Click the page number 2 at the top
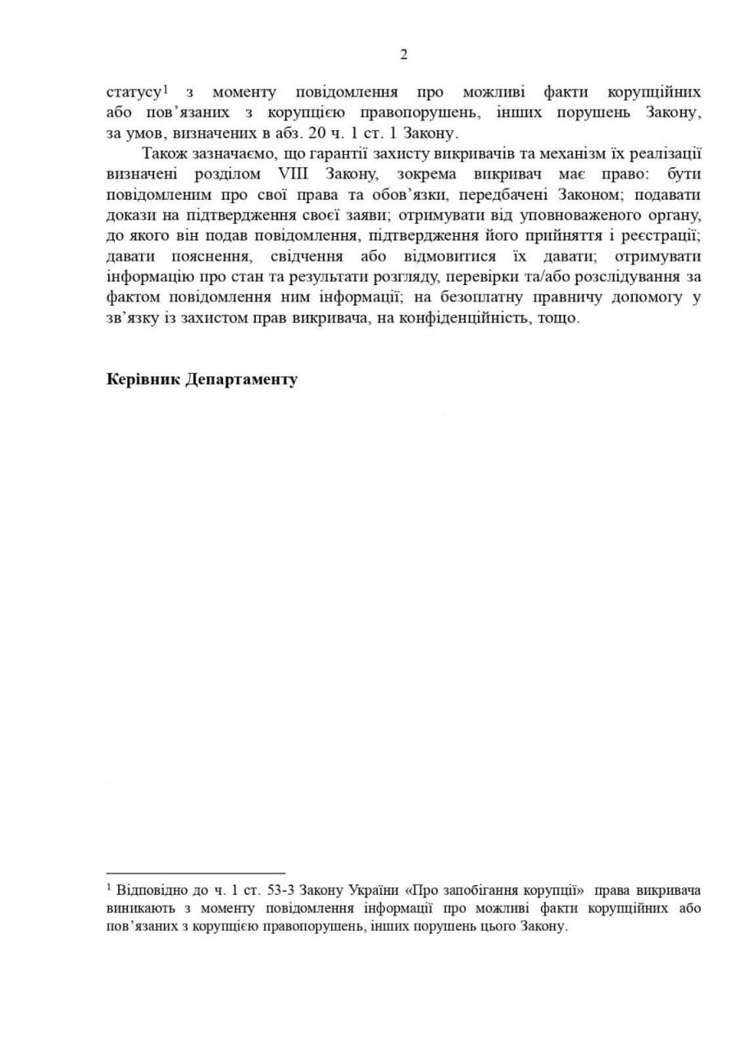click(x=403, y=55)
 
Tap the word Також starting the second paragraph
click(x=162, y=153)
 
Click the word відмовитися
click(x=451, y=256)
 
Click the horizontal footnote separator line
click(x=196, y=874)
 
